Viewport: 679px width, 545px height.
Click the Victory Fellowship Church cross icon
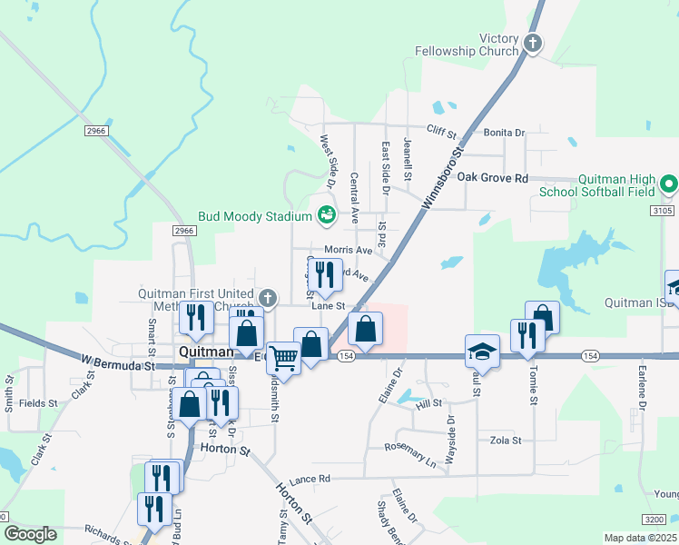tap(534, 42)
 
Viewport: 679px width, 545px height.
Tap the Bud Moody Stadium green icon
tap(327, 215)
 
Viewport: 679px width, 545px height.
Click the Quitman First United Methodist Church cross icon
tap(267, 297)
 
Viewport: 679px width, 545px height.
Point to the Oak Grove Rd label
tap(492, 177)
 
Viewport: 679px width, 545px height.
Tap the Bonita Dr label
tap(504, 133)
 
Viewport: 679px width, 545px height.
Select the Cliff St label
tap(441, 132)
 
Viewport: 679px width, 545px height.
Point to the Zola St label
tap(506, 441)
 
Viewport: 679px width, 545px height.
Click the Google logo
tap(30, 534)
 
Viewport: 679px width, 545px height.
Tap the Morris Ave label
tap(349, 250)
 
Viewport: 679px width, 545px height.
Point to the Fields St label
tap(38, 402)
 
